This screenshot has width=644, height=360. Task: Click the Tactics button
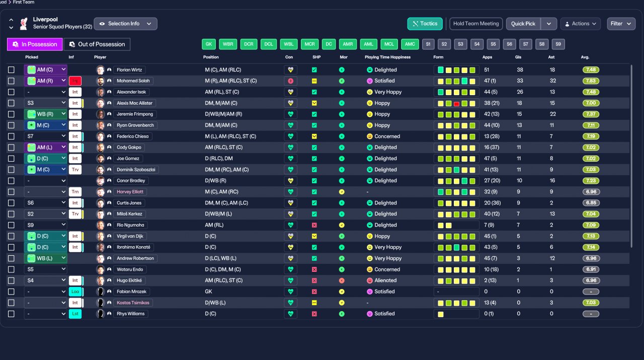(x=425, y=24)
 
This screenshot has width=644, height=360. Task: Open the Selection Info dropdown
(x=125, y=24)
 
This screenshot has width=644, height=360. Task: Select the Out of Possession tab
(x=97, y=44)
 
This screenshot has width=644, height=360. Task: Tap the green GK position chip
(x=209, y=44)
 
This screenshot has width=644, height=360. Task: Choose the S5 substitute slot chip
(x=493, y=44)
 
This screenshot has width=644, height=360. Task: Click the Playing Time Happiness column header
(x=387, y=57)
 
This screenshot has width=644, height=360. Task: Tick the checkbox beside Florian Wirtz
(x=11, y=69)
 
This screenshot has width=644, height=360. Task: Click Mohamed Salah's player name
(x=133, y=81)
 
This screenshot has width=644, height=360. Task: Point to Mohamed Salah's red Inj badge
(x=75, y=81)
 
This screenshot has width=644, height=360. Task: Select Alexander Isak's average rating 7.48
(x=591, y=92)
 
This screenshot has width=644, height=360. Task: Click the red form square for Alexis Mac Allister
(x=456, y=104)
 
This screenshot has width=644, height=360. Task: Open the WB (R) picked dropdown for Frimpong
(x=46, y=114)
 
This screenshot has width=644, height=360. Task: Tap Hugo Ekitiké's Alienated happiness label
(x=385, y=280)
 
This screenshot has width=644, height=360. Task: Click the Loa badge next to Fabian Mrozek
(x=75, y=292)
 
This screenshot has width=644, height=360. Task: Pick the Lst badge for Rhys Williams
(x=75, y=314)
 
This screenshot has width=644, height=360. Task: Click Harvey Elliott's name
(x=130, y=192)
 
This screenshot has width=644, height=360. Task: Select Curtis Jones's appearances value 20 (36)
(x=492, y=203)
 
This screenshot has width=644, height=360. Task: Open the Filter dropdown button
(x=621, y=24)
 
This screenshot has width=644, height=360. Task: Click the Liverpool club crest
(x=24, y=24)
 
